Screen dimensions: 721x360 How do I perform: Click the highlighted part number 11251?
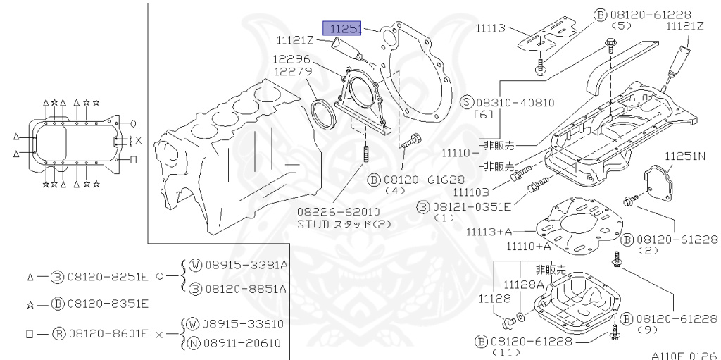[342, 28]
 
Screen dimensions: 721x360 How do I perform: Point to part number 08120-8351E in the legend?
[108, 304]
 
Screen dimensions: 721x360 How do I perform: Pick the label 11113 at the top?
[491, 28]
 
